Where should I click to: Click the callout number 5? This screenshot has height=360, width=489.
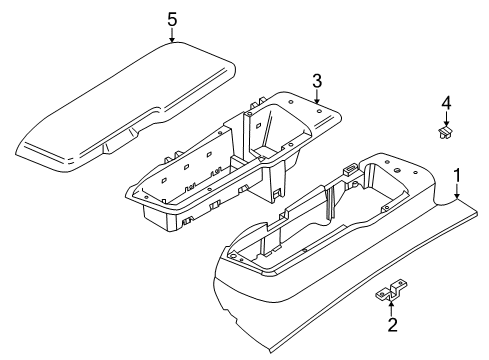click(172, 18)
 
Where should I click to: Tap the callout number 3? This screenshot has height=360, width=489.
click(316, 80)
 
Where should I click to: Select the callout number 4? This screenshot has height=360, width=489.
click(448, 102)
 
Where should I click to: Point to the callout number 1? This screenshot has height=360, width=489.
click(457, 177)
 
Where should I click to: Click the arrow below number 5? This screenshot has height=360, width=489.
click(172, 36)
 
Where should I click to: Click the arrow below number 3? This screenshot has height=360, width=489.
click(316, 97)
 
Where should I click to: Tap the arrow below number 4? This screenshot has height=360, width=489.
click(447, 119)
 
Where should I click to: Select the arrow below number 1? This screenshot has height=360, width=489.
click(457, 193)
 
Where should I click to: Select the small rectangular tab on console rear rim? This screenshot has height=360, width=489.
click(348, 170)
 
